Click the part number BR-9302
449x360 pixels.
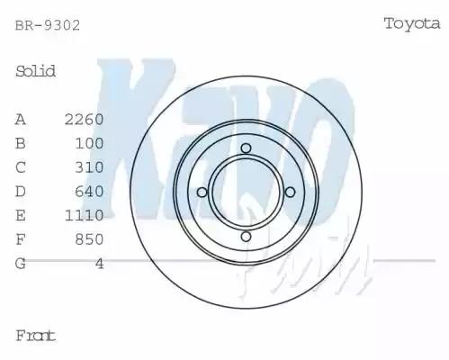click(x=48, y=25)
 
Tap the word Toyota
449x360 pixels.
click(x=411, y=23)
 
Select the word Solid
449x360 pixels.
click(x=36, y=71)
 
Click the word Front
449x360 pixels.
click(x=36, y=336)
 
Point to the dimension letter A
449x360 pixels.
click(x=20, y=120)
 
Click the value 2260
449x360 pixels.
click(x=85, y=120)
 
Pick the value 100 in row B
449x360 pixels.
click(x=90, y=144)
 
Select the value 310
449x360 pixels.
click(x=90, y=167)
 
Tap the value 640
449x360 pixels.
click(x=90, y=192)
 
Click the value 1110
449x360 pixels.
click(x=85, y=216)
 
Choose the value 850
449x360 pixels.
click(x=90, y=239)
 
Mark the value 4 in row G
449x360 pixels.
click(x=100, y=264)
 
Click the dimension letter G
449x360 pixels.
click(x=20, y=264)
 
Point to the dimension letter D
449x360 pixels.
click(x=20, y=192)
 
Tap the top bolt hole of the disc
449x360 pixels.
click(x=246, y=148)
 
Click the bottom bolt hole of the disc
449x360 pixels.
click(x=246, y=237)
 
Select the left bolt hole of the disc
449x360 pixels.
click(x=202, y=192)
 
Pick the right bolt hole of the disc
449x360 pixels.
click(x=290, y=192)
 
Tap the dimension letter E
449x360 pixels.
click(x=20, y=216)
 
